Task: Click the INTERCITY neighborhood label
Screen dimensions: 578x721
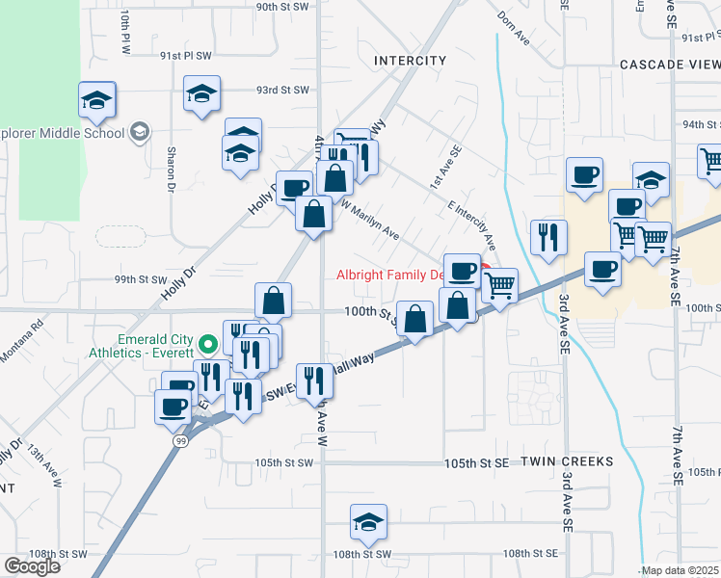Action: point(411,61)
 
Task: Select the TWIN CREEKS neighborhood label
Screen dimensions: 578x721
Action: point(567,462)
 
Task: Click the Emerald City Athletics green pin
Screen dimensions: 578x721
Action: point(206,344)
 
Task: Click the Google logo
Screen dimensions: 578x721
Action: point(32,565)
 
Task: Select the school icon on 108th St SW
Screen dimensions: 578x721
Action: point(368,522)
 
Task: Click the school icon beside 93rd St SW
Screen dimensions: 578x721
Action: point(201,93)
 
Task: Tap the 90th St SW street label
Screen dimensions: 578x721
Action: point(280,6)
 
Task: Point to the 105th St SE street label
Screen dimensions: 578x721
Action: point(476,463)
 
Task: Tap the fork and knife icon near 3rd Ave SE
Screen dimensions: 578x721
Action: point(549,238)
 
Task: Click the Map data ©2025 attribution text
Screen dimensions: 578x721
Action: point(678,570)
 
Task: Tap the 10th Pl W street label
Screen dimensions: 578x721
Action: point(124,32)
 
